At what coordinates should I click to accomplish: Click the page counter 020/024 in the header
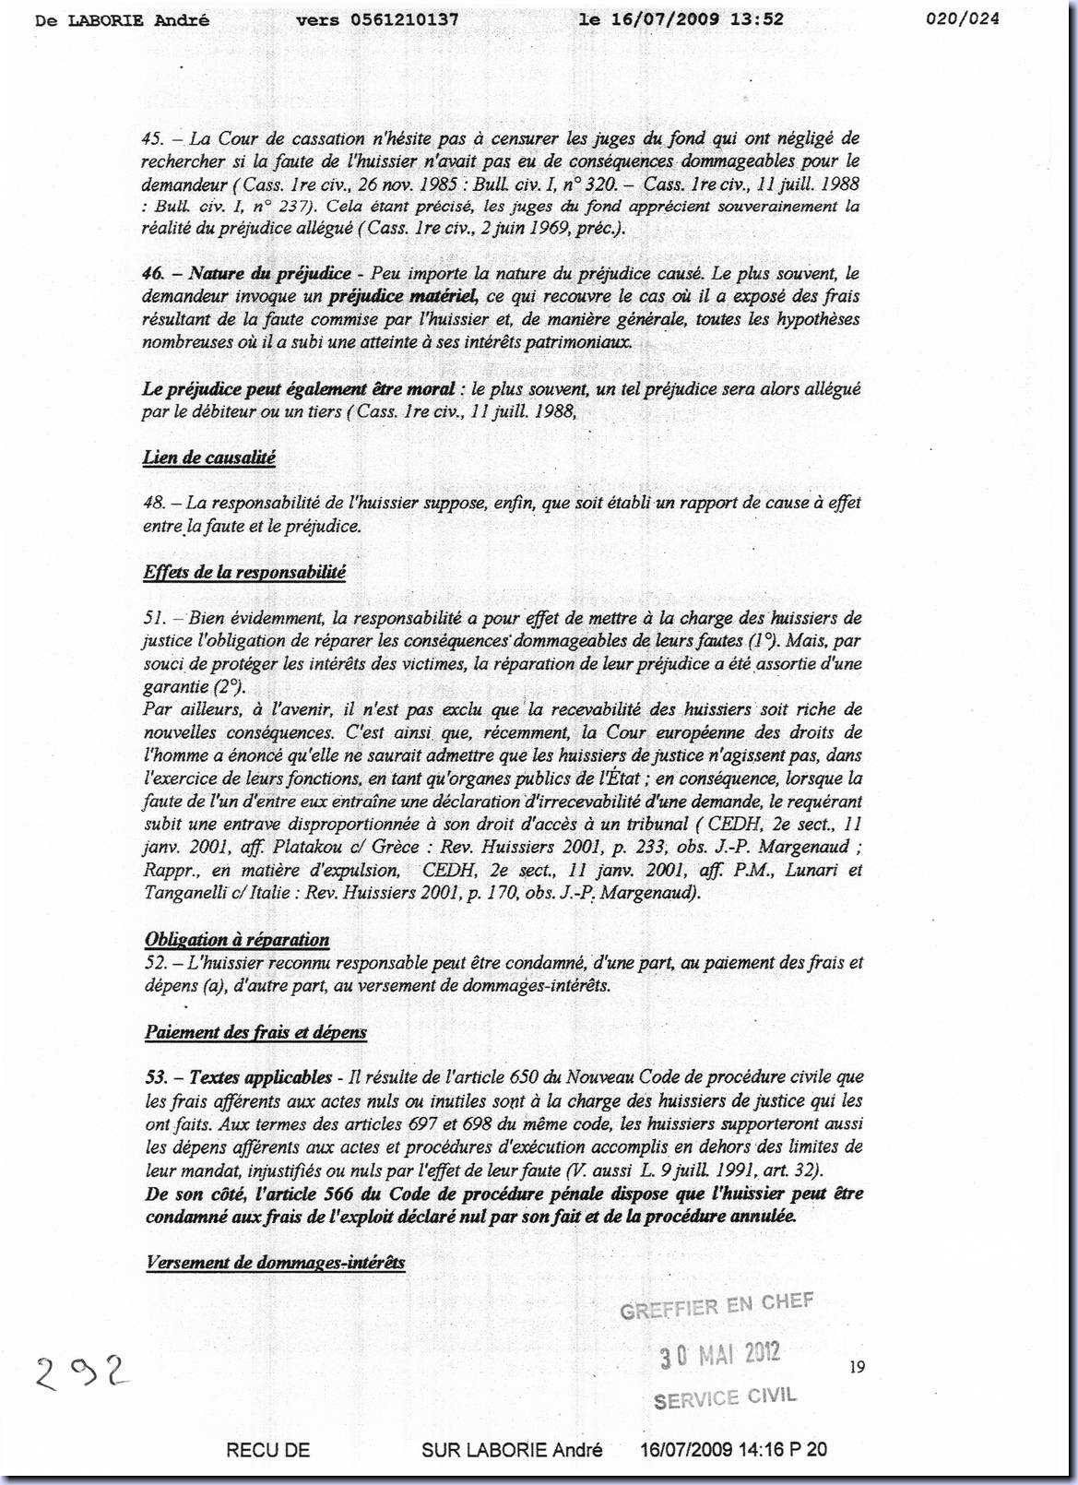click(962, 18)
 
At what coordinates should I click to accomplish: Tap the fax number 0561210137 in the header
click(406, 18)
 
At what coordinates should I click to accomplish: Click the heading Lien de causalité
click(209, 457)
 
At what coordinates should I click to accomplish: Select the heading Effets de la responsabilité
click(244, 572)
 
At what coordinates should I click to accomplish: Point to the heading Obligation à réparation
click(237, 940)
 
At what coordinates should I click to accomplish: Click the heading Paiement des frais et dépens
click(255, 1032)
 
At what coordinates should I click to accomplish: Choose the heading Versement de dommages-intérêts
click(275, 1262)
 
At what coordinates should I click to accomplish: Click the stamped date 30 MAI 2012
click(719, 1355)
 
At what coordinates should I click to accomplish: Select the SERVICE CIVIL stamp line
click(724, 1398)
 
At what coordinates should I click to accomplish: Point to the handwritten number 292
click(81, 1374)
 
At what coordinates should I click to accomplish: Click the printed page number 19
click(858, 1367)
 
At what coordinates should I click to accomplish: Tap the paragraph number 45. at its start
click(153, 138)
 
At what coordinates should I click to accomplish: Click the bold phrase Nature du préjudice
click(269, 274)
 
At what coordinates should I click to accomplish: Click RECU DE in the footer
click(267, 1450)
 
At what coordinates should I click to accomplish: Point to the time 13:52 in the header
click(758, 18)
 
